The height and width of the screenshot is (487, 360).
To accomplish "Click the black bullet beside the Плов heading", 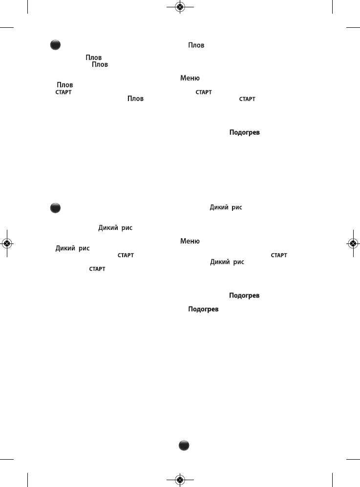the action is (55, 45).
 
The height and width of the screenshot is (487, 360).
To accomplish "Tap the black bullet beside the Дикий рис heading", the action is (55, 208).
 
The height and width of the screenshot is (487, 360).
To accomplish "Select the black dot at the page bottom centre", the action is (183, 445).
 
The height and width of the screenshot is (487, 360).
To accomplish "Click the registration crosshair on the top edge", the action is (180, 7).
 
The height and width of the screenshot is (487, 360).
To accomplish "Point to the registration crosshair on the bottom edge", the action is (180, 480).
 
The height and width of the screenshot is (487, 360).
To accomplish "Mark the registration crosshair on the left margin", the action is (7, 243).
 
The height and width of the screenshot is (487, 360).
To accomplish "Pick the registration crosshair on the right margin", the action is (353, 243).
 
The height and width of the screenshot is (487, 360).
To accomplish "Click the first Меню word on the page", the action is (191, 78).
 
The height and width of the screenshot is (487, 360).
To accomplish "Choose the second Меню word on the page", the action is (191, 241).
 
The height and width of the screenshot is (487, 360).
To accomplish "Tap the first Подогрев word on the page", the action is (244, 132).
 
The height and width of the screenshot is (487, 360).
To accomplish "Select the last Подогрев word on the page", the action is (203, 310).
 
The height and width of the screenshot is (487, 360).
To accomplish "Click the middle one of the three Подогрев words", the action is (244, 296).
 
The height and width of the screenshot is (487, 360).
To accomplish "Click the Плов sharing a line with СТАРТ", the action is (136, 99).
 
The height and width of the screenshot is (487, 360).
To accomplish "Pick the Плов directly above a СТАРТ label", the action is (65, 85).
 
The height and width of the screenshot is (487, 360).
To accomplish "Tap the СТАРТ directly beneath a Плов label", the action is (64, 92).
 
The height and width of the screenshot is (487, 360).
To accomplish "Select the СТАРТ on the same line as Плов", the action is (247, 99).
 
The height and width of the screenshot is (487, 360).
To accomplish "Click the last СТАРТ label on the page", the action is (96, 269).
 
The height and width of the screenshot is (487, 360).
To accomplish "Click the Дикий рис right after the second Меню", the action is (72, 248).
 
